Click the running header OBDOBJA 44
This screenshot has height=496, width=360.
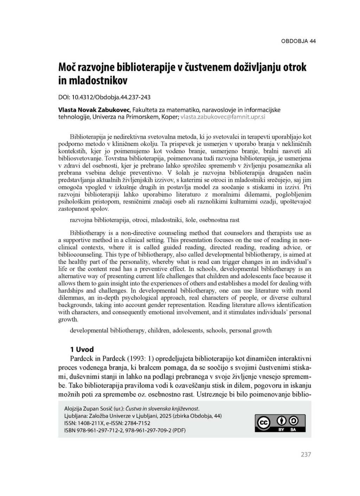tap(298, 41)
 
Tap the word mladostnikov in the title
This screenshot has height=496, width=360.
tap(98, 81)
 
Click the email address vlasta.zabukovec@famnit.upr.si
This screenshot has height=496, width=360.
tap(223, 117)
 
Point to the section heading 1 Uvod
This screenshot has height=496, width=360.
tap(82, 349)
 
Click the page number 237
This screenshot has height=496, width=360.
tap(306, 454)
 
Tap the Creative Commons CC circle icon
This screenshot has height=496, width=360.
tap(263, 423)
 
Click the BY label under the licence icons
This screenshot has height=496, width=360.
tap(281, 430)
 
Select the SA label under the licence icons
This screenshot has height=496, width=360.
tap(293, 430)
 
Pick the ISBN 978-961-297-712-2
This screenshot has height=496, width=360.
tap(100, 430)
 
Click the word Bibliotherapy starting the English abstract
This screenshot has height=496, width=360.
tap(88, 233)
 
